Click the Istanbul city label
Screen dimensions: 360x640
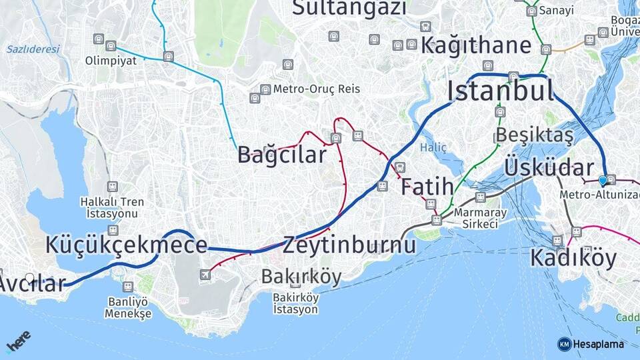[x=500, y=90]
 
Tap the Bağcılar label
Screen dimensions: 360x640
[x=282, y=155]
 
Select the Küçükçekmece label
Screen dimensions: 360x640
[x=126, y=245]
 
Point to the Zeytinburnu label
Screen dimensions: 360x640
[x=349, y=245]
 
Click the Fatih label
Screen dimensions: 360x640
[x=427, y=187]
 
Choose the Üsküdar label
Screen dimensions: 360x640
[x=549, y=167]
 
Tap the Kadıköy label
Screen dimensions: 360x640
[x=573, y=258]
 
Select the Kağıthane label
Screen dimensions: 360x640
[x=476, y=45]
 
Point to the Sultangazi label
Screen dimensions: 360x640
[x=349, y=8]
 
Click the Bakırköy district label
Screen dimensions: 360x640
[x=301, y=276]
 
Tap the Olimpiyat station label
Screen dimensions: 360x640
[x=111, y=61]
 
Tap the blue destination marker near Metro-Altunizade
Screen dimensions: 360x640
[x=603, y=180]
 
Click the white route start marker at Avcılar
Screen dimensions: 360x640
[x=29, y=277]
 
